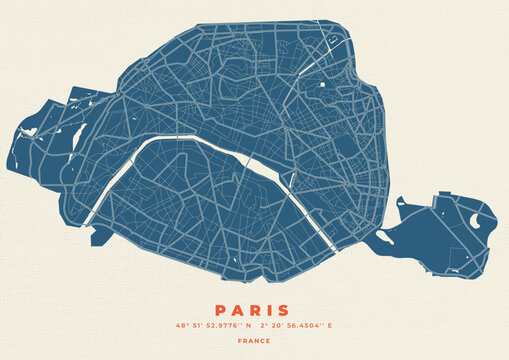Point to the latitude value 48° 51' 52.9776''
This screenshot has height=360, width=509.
(211, 326)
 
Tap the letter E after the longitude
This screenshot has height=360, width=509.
(330, 326)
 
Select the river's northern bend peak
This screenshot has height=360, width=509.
(190, 137)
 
